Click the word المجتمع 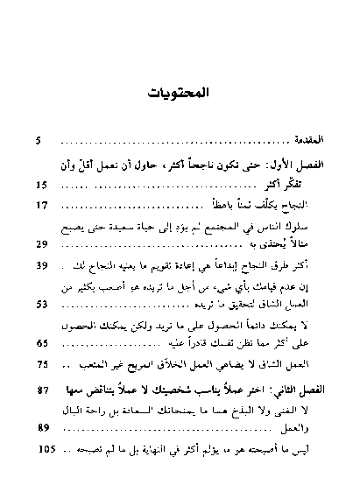coord(215,227)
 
